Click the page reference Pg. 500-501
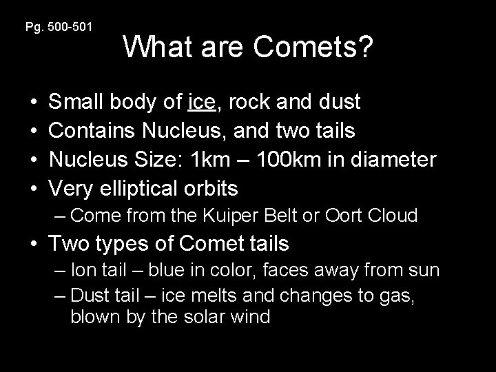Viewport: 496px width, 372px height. [x=59, y=27]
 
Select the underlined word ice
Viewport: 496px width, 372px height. [x=200, y=102]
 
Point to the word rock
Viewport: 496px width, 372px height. [x=250, y=102]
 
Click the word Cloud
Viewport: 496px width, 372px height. [x=393, y=216]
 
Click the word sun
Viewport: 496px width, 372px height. [x=424, y=270]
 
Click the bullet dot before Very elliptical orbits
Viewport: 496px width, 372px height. [x=34, y=188]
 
